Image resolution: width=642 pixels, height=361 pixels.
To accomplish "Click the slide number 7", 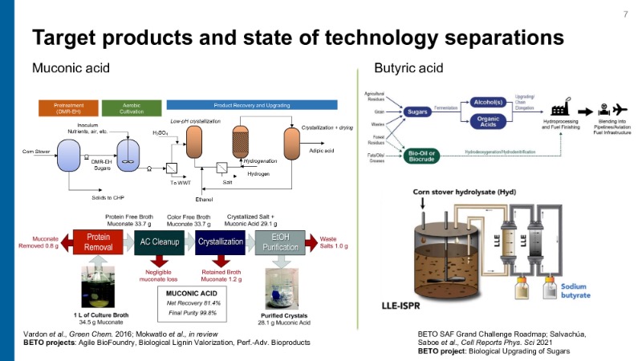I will click(625, 14).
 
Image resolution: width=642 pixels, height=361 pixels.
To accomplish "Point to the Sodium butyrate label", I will click(590, 289).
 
